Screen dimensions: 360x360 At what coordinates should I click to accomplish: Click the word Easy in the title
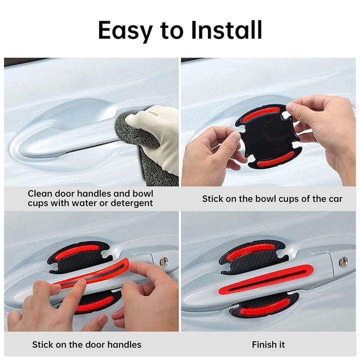pyautogui.click(x=125, y=30)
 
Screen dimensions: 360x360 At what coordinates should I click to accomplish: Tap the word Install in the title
pyautogui.click(x=226, y=29)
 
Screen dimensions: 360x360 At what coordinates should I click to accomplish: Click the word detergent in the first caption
pyautogui.click(x=132, y=203)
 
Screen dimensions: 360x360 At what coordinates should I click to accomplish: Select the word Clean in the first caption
pyautogui.click(x=39, y=193)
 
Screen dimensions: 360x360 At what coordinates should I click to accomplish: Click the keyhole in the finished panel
pyautogui.click(x=343, y=261)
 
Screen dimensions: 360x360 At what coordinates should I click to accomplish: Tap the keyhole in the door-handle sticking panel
pyautogui.click(x=164, y=261)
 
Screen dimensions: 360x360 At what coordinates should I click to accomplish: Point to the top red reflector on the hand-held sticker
pyautogui.click(x=261, y=114)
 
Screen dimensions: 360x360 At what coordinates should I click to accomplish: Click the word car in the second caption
pyautogui.click(x=335, y=199)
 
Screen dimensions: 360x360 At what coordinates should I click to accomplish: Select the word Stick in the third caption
pyautogui.click(x=43, y=344)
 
